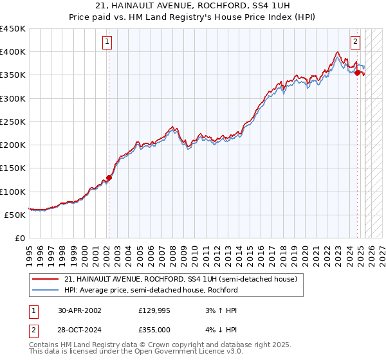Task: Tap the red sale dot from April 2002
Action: click(109, 177)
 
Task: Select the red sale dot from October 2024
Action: click(358, 73)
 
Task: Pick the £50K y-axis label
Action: click(15, 215)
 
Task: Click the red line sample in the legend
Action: click(45, 280)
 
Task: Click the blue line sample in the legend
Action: click(45, 290)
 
